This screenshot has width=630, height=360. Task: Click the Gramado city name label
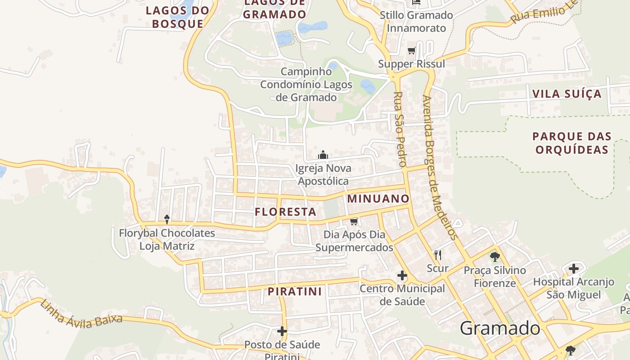(x=499, y=328)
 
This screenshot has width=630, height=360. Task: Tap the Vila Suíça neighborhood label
(x=567, y=94)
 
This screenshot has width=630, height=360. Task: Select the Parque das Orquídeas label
(x=572, y=143)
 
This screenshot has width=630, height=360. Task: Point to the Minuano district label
(x=378, y=199)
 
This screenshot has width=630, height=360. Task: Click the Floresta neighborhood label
(x=285, y=212)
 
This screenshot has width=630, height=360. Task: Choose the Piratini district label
(x=295, y=292)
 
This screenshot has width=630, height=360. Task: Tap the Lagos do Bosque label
(x=177, y=17)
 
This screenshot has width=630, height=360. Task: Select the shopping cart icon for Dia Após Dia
(x=354, y=221)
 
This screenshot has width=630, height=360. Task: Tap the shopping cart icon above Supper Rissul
(x=411, y=50)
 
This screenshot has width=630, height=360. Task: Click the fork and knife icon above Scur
(x=437, y=255)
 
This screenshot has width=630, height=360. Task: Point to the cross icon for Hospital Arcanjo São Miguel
(x=573, y=269)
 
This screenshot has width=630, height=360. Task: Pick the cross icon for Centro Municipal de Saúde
(x=402, y=275)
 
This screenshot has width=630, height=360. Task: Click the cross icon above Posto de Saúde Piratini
(x=282, y=332)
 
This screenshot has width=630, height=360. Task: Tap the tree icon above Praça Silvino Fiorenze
(x=495, y=257)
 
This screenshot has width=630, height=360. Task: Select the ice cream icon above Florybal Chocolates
(x=167, y=219)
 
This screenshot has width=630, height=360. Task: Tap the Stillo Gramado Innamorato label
(x=416, y=22)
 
